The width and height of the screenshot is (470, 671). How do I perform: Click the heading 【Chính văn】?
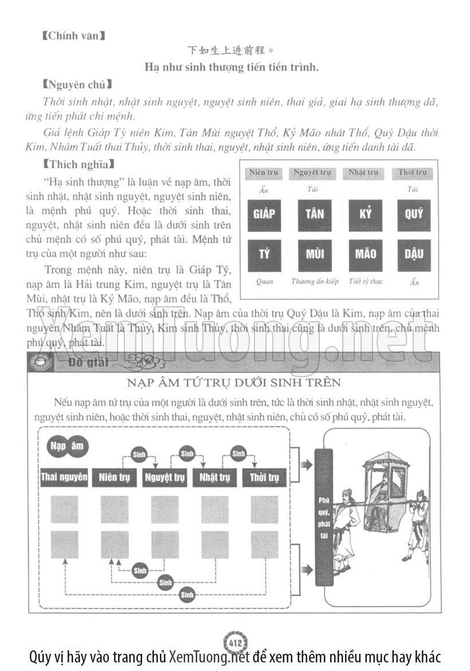pos(74,36)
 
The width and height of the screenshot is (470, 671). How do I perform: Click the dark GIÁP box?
pos(264,214)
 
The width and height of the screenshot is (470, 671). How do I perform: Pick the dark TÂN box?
pos(315,214)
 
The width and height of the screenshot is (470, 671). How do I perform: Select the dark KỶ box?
pos(365,214)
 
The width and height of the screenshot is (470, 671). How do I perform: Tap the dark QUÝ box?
pos(414,214)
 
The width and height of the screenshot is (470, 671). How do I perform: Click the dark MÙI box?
pos(315,254)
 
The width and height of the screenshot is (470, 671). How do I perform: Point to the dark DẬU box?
pos(414,254)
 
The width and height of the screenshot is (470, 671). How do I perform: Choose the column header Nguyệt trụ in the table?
pos(312,173)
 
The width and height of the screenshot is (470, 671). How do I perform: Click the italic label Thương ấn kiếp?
pos(315,282)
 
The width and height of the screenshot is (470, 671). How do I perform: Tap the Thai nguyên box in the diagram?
pos(64,477)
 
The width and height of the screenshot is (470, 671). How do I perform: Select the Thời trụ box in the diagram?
pos(264,477)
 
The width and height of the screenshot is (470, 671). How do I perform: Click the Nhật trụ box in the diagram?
pos(214,477)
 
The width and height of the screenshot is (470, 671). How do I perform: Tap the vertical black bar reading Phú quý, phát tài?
pos(324,516)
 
